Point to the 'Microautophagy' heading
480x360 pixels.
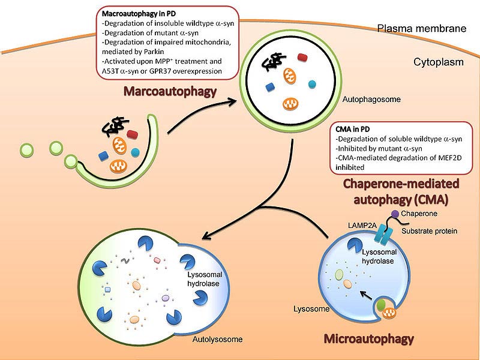click(x=368, y=338)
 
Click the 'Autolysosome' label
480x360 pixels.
click(x=217, y=340)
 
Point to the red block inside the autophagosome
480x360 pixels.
click(x=302, y=58)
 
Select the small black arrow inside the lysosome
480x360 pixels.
click(x=365, y=295)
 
